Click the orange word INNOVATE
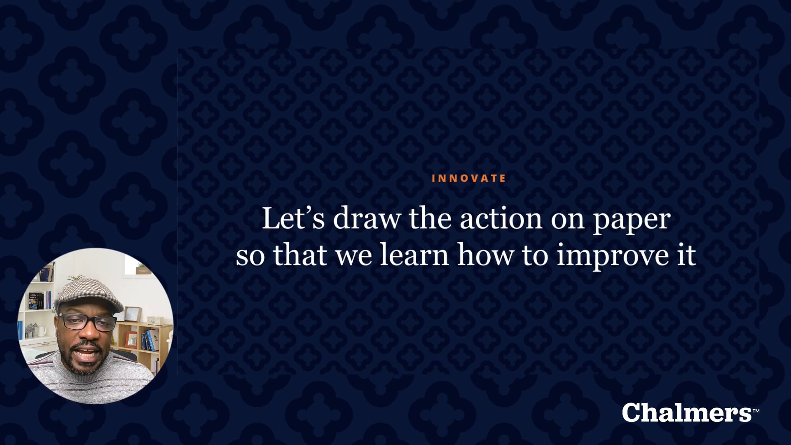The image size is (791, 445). tap(468, 178)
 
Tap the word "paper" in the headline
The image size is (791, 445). tap(632, 221)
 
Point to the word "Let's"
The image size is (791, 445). tap(293, 218)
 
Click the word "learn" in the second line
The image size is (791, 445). tap(414, 255)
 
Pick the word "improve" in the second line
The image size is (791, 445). tap(613, 257)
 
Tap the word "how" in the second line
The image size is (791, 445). tap(485, 255)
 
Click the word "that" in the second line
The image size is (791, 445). tap(300, 255)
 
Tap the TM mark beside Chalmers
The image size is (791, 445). tap(756, 411)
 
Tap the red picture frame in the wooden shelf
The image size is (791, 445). tap(131, 339)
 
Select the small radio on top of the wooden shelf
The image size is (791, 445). tap(153, 321)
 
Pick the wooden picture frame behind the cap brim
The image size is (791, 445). tap(133, 314)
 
